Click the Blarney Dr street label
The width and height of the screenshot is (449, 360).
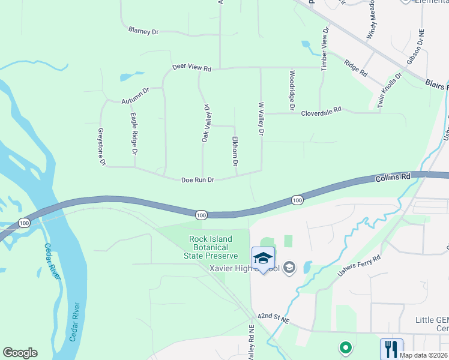143,30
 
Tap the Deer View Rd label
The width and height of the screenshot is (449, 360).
192,68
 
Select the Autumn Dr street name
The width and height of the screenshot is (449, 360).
134,95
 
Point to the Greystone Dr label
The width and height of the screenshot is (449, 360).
102,146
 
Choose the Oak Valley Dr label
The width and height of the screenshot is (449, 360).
205,124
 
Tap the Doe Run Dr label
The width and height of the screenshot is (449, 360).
198,180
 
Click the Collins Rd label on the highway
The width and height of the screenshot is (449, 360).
393,178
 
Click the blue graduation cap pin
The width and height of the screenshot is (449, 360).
263,259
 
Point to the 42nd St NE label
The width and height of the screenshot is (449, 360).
273,319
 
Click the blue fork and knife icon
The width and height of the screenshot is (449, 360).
391,348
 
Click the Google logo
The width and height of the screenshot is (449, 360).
20,353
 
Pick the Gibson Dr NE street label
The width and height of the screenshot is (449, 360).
415,48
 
